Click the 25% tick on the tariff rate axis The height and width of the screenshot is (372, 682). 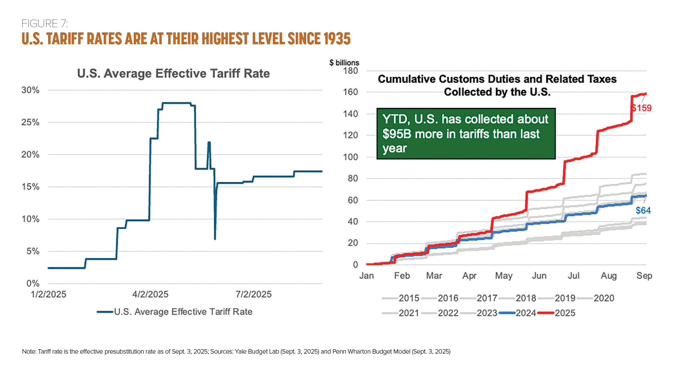click(x=30, y=122)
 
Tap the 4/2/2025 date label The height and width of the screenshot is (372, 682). click(x=150, y=294)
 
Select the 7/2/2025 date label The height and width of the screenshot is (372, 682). click(x=254, y=294)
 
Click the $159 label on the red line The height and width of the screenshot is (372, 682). click(x=641, y=108)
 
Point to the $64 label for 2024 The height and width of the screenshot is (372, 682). click(x=643, y=211)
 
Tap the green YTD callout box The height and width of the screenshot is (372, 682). click(x=466, y=134)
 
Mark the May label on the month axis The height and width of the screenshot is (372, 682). click(x=504, y=276)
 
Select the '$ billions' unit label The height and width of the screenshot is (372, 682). click(x=344, y=63)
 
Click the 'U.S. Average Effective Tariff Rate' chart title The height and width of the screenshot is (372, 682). click(x=173, y=74)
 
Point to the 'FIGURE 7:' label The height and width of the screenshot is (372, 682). click(x=45, y=24)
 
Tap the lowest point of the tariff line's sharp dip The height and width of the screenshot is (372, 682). click(x=215, y=239)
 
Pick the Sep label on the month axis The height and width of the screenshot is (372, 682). click(x=644, y=276)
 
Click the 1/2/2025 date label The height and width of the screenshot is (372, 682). click(x=48, y=294)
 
